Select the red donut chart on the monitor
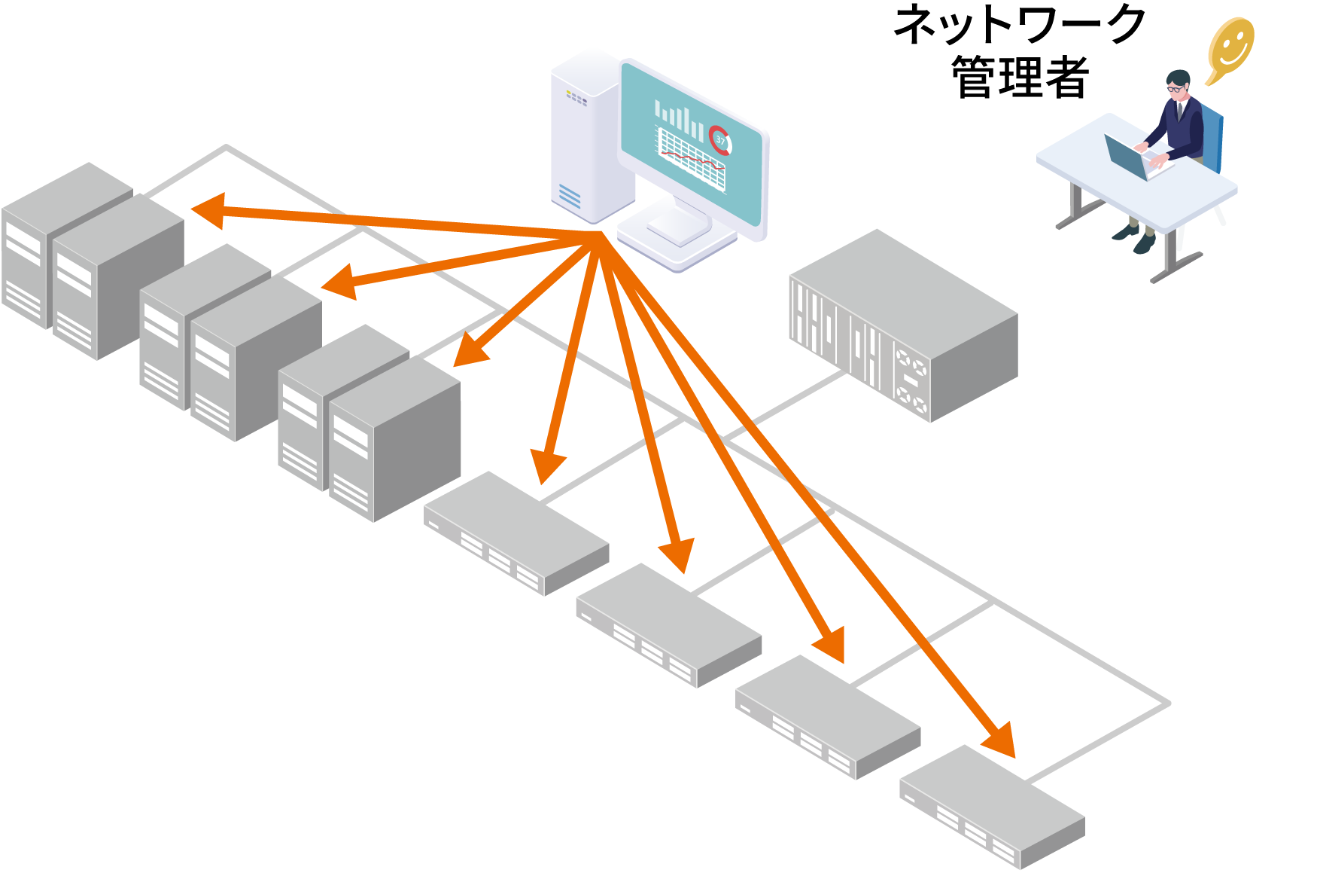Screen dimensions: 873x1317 (719, 139)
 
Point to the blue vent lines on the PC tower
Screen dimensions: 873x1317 (570, 197)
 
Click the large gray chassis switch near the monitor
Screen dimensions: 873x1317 (903, 324)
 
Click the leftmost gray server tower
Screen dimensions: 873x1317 (30, 249)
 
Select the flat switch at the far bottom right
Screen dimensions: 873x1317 (992, 806)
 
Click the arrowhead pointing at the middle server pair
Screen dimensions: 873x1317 (341, 282)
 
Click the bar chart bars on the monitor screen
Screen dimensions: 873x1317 (680, 119)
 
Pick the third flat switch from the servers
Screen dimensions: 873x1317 (828, 716)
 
